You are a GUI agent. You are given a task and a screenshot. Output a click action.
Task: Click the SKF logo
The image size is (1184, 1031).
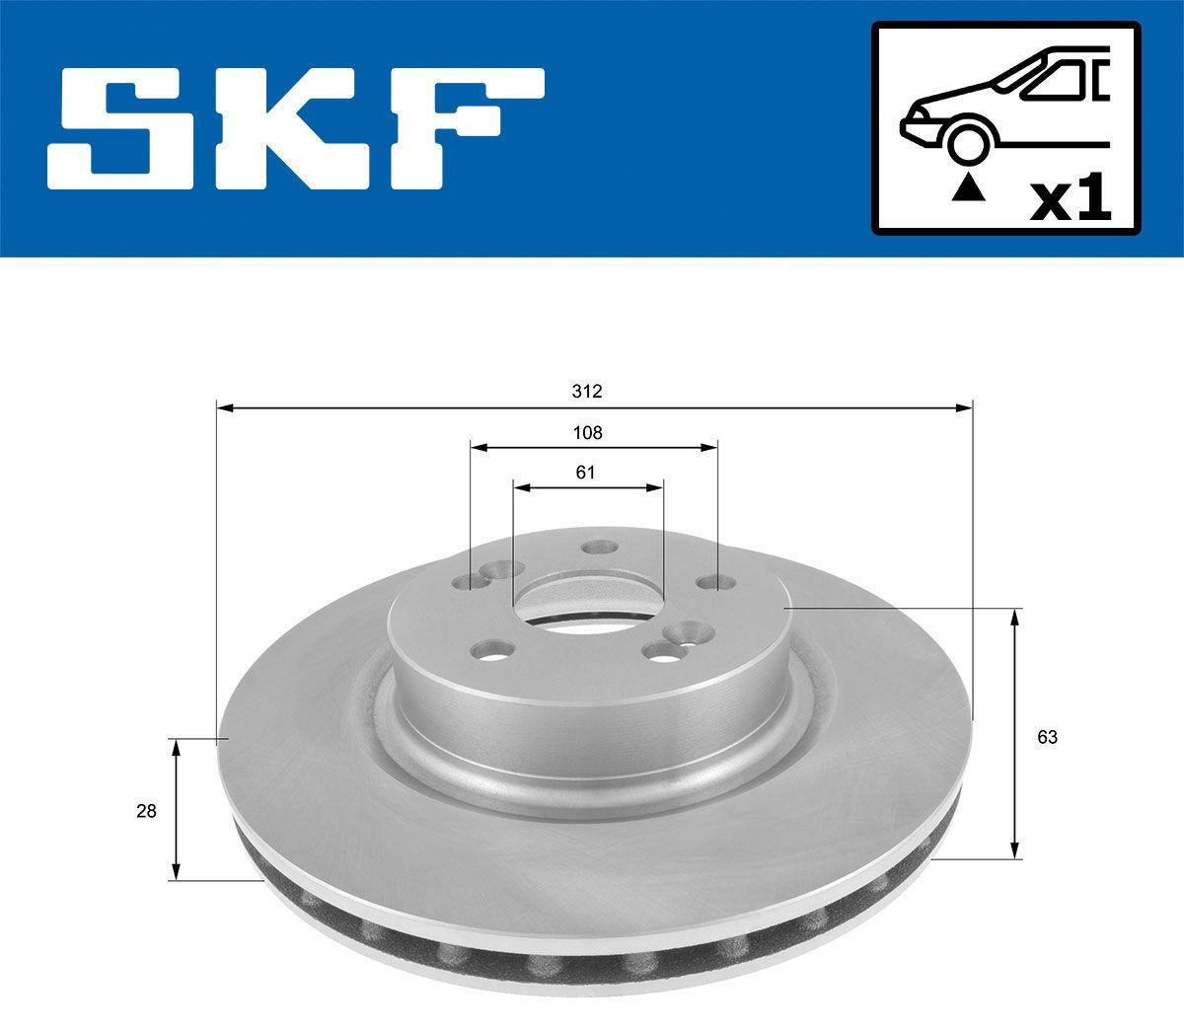[x=296, y=128]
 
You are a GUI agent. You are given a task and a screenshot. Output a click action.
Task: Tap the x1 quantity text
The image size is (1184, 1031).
[x=1071, y=199]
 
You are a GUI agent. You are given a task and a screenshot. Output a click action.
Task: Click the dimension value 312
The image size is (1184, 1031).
[x=586, y=392]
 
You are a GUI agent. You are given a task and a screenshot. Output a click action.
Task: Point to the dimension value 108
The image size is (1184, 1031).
[x=588, y=432]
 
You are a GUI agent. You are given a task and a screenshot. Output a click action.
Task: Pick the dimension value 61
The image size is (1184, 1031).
[x=586, y=472]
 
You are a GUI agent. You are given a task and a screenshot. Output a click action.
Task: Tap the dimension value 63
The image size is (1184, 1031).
[x=1047, y=736]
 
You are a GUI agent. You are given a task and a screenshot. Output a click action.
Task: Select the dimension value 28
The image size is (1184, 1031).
[x=146, y=811]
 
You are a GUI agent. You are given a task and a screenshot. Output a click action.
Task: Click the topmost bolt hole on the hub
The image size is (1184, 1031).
[x=598, y=548]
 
